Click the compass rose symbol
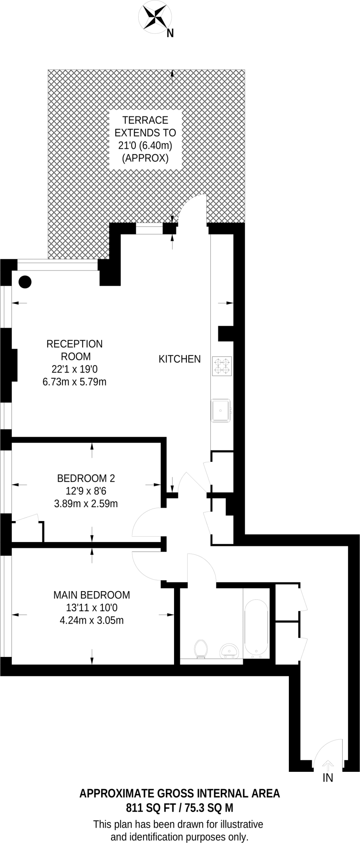(155, 16)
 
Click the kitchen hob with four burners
(222, 366)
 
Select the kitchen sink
(221, 410)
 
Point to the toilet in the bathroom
(201, 649)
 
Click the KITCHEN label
(180, 359)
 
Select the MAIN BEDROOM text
(92, 595)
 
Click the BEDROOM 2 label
(86, 478)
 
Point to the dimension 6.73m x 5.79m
(74, 382)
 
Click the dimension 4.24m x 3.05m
(92, 620)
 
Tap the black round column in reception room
(25, 282)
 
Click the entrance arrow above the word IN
(327, 765)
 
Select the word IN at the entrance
(327, 778)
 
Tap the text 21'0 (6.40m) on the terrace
(145, 145)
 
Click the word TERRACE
(145, 120)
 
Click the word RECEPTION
(74, 344)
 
